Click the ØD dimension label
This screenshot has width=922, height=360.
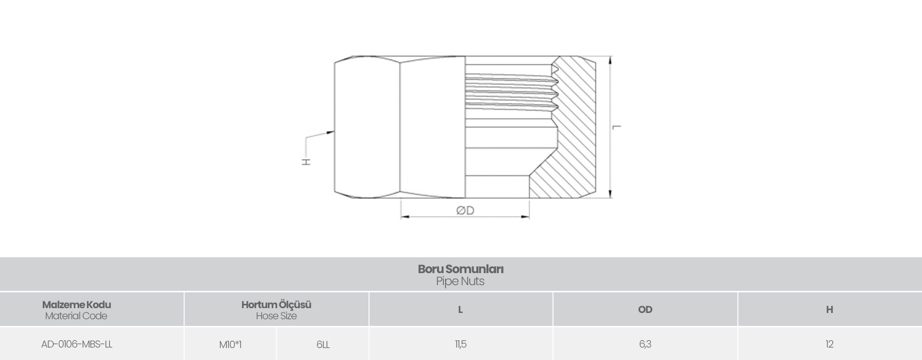(x=465, y=210)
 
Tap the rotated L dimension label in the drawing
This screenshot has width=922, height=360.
(x=617, y=127)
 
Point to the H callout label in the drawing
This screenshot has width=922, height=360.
(x=306, y=161)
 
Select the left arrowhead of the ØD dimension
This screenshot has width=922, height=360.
(x=405, y=217)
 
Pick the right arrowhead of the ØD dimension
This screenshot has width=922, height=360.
(x=525, y=217)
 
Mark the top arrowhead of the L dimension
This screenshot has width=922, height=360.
(x=610, y=60)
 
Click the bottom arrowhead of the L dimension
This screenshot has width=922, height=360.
(x=610, y=193)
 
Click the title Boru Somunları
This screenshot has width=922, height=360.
(x=461, y=269)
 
